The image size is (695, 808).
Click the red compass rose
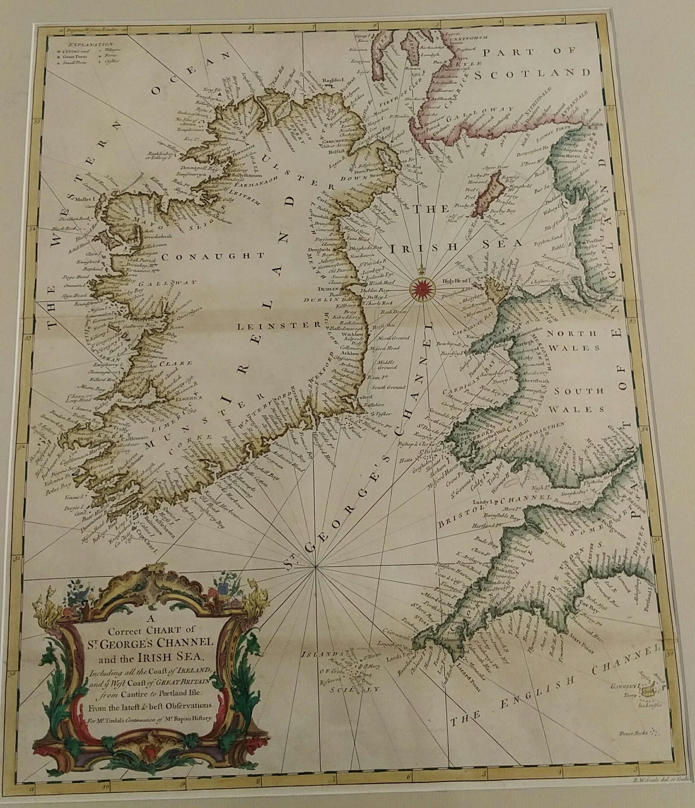(423, 289)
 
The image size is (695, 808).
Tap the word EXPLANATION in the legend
(89, 45)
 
